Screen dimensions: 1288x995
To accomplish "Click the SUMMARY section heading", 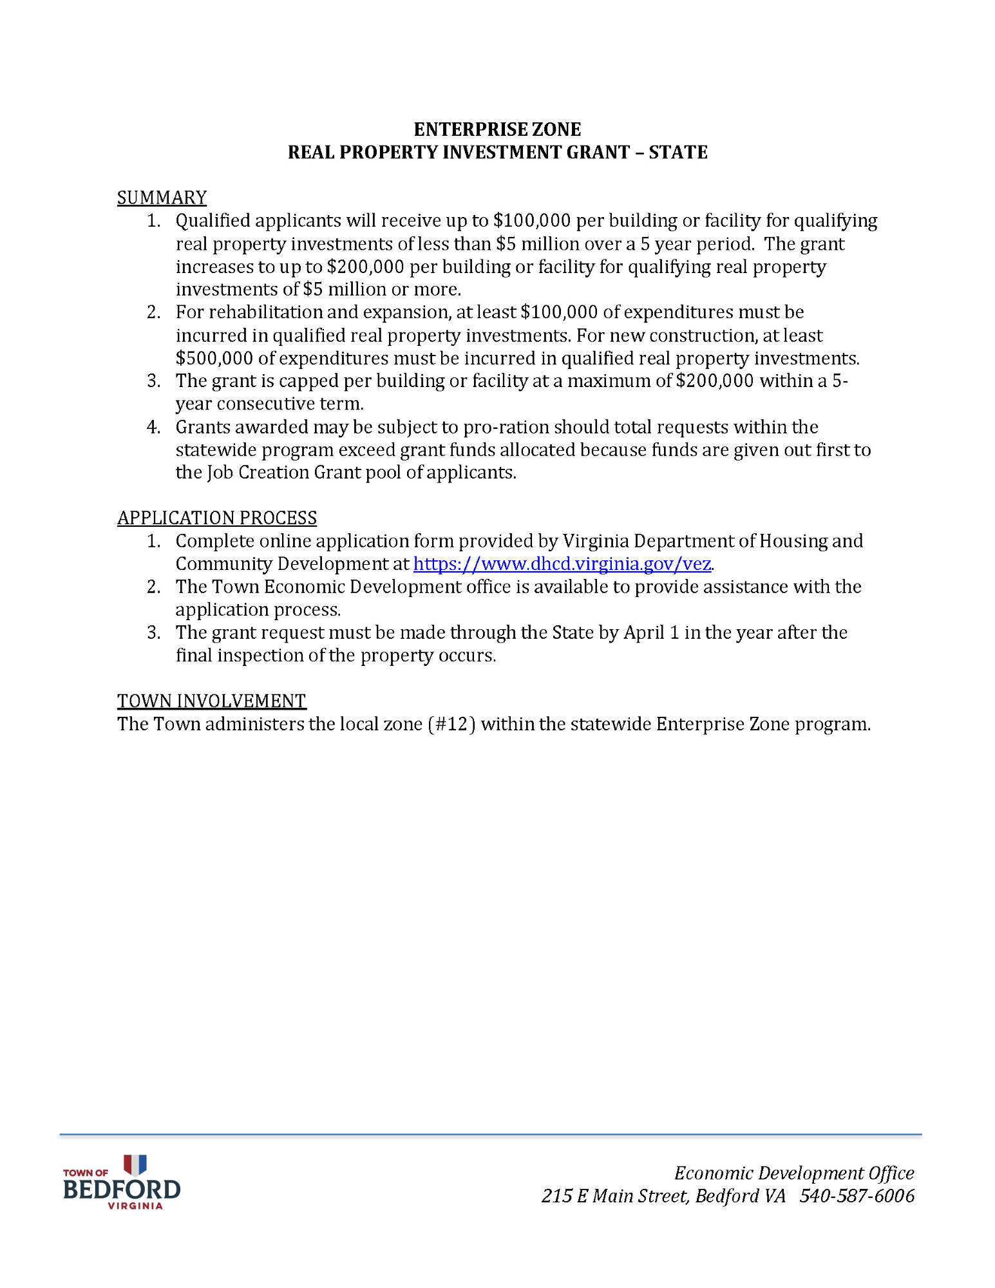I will pyautogui.click(x=162, y=198).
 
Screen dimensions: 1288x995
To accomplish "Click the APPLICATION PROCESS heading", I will pyautogui.click(x=217, y=518).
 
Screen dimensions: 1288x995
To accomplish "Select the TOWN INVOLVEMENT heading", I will pyautogui.click(x=211, y=701).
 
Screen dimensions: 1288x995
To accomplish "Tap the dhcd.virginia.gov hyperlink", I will pyautogui.click(x=562, y=564).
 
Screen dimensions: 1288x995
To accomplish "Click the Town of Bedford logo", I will pyautogui.click(x=122, y=1182).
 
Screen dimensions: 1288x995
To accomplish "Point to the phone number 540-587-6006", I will pyautogui.click(x=857, y=1196).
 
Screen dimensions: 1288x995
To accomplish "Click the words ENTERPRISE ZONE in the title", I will pyautogui.click(x=497, y=129).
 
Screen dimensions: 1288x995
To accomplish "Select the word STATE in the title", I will pyautogui.click(x=678, y=153).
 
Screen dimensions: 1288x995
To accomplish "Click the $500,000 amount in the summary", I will pyautogui.click(x=214, y=359).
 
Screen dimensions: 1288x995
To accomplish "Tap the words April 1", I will pyautogui.click(x=651, y=632).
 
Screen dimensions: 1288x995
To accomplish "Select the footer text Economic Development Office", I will pyautogui.click(x=794, y=1173).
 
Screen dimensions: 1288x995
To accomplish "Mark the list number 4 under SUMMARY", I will pyautogui.click(x=153, y=427).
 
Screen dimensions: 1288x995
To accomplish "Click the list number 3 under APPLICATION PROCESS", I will pyautogui.click(x=153, y=632).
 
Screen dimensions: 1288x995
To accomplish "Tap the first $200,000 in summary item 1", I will pyautogui.click(x=365, y=267).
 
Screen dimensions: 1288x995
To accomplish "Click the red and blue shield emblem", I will pyautogui.click(x=135, y=1164).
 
